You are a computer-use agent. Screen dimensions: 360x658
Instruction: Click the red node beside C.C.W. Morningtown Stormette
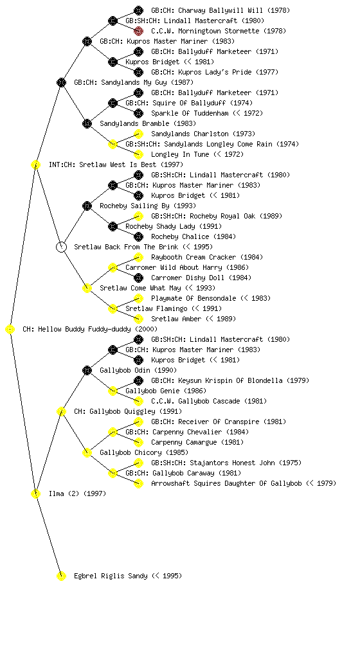click(x=138, y=31)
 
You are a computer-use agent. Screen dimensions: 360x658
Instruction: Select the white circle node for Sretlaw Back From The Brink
click(x=61, y=247)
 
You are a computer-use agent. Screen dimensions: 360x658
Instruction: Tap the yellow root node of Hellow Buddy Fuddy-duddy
click(x=10, y=330)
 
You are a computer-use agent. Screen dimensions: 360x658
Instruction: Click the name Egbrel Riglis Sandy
click(x=111, y=576)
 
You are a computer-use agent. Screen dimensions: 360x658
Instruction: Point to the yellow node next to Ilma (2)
click(x=35, y=494)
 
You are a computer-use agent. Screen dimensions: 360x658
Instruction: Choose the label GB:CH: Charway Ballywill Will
click(x=207, y=10)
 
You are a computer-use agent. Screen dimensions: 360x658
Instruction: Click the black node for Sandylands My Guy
click(x=61, y=82)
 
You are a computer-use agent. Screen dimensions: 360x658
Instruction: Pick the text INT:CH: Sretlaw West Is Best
click(x=102, y=164)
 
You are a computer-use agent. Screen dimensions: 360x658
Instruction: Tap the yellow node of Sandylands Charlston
click(x=138, y=134)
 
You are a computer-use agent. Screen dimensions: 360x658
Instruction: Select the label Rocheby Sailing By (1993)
click(x=148, y=206)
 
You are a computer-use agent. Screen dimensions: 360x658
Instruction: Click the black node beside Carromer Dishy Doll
click(x=138, y=278)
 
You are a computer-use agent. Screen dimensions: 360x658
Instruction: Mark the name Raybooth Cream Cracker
click(x=194, y=257)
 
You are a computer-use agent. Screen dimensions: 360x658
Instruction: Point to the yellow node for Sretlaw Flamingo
click(x=113, y=309)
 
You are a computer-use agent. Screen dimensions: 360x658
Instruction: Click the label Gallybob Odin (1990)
click(x=138, y=370)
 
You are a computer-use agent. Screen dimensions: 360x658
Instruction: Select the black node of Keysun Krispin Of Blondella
click(x=138, y=380)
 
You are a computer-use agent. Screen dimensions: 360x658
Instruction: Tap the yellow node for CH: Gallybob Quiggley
click(x=61, y=412)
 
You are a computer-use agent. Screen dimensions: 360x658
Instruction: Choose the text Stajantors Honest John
click(x=233, y=463)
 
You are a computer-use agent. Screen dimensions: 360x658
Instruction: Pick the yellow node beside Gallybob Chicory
click(x=87, y=453)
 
